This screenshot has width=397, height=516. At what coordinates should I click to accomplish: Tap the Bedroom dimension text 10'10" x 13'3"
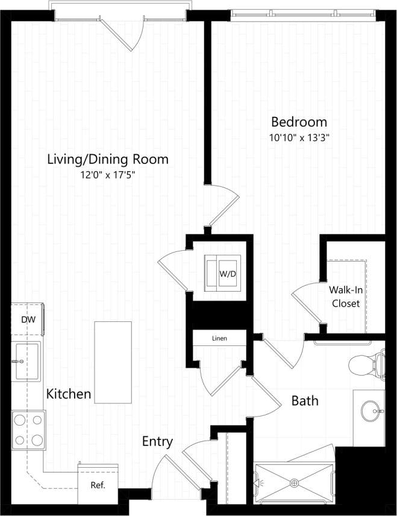(299, 137)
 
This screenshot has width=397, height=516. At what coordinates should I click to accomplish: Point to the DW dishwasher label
(28, 319)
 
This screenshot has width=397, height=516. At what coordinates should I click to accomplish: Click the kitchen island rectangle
(113, 362)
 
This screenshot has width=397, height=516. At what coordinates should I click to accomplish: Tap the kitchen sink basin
(27, 361)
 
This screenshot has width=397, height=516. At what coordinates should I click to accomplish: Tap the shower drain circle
(295, 482)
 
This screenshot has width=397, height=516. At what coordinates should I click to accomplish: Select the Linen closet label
(219, 338)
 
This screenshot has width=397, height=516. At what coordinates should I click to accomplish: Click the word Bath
(305, 400)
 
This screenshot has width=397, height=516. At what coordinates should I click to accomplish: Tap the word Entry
(157, 442)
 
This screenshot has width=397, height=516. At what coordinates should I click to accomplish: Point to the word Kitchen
(69, 394)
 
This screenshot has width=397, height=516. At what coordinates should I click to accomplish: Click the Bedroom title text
(299, 121)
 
